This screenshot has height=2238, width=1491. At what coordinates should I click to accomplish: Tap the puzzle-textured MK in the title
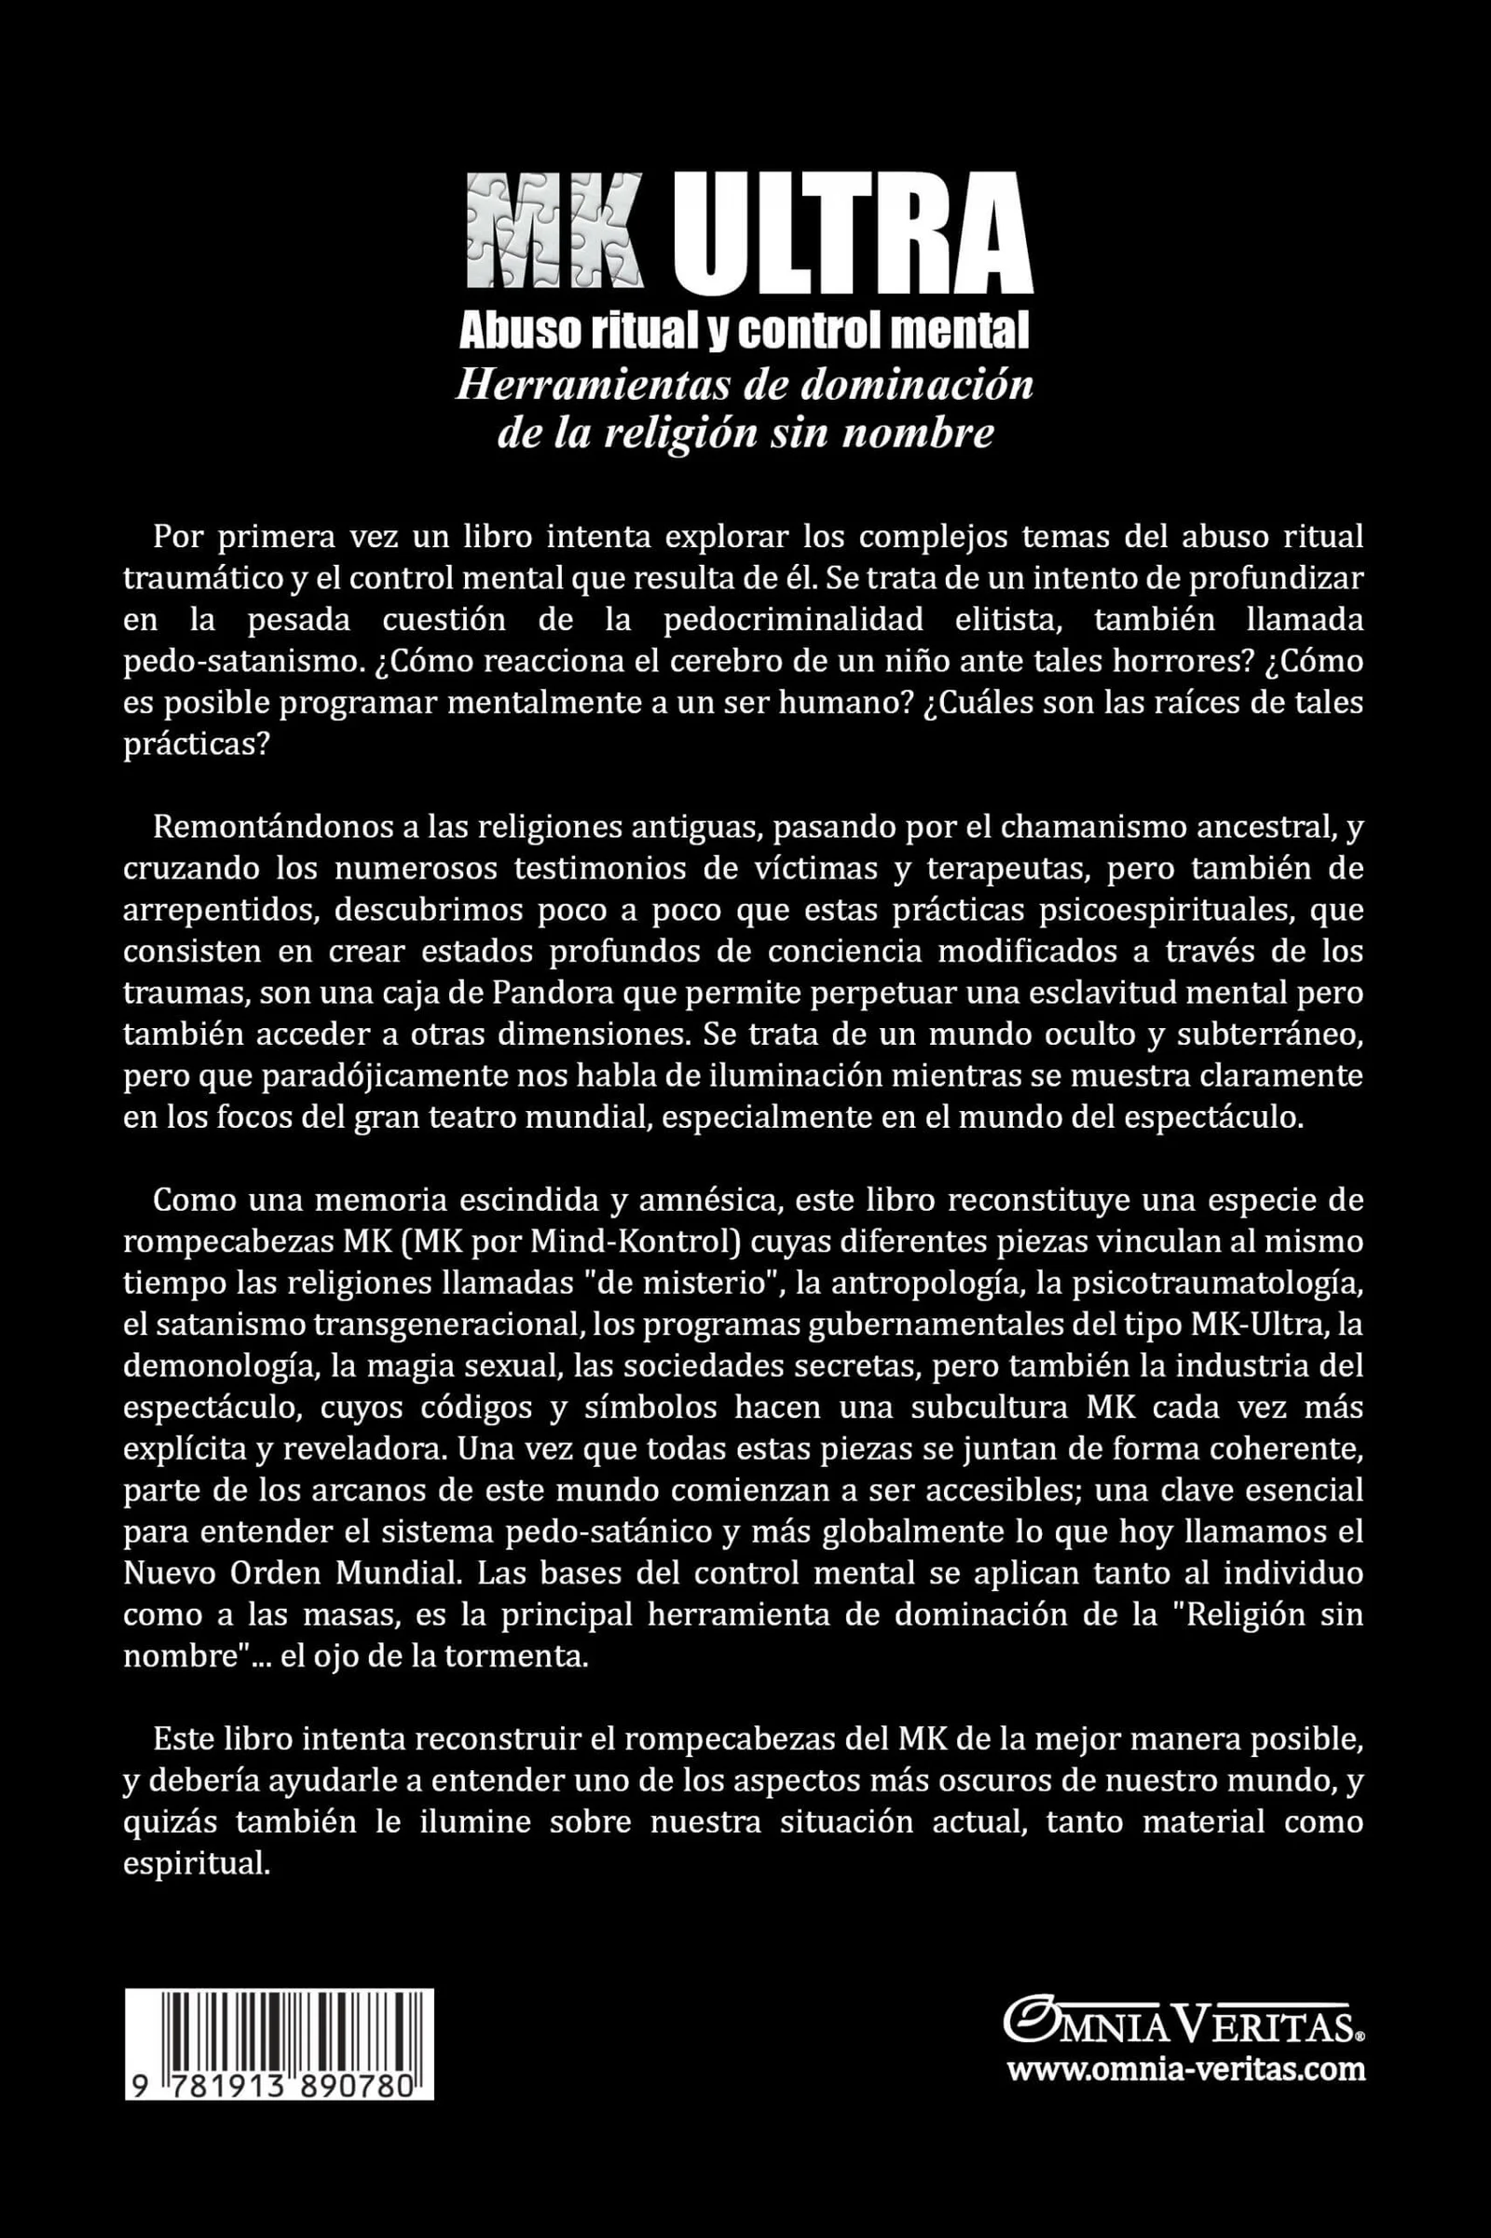tap(556, 233)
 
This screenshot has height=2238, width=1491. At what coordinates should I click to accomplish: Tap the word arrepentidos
tap(227, 910)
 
